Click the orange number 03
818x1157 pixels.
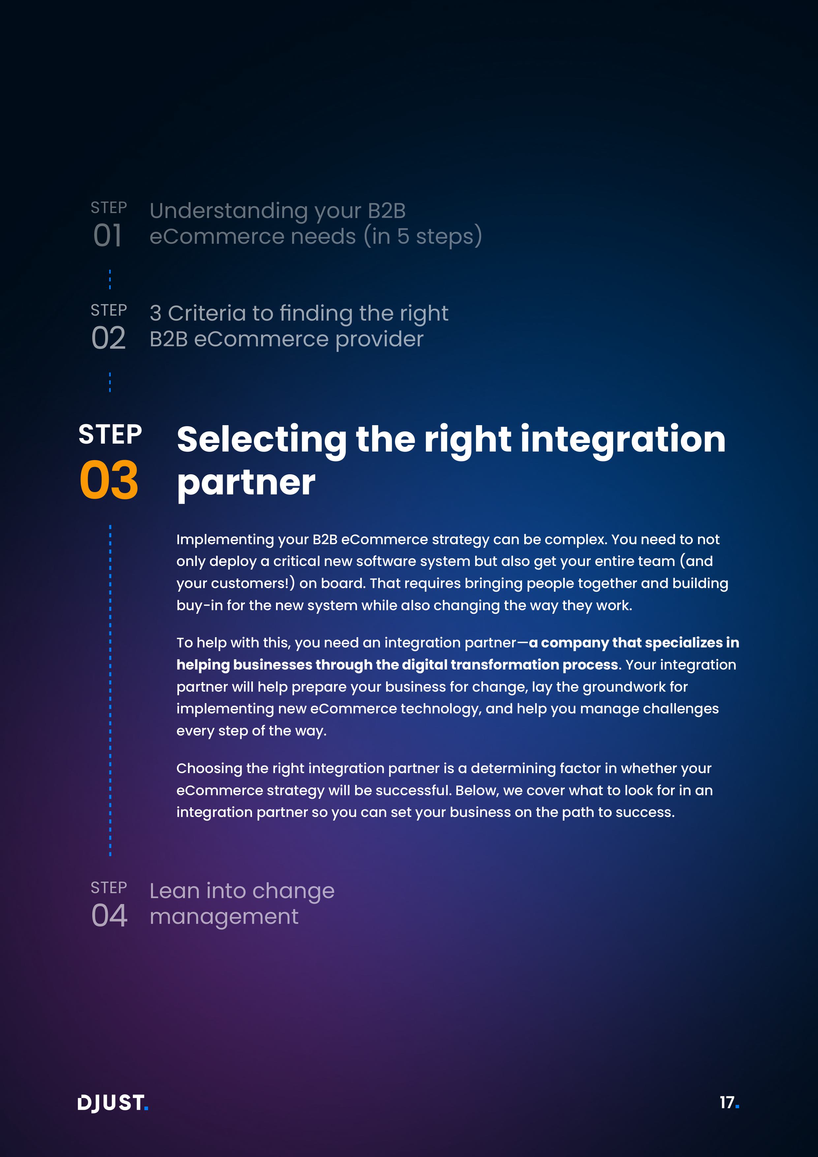tap(109, 480)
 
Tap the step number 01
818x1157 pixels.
tap(107, 235)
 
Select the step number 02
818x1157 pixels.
tap(108, 338)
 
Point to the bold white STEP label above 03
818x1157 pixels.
tap(110, 434)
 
